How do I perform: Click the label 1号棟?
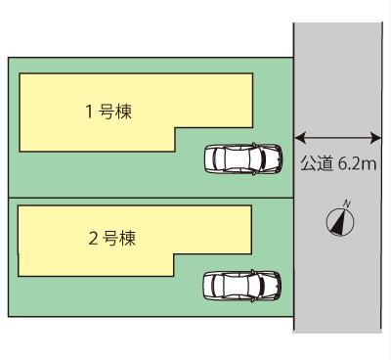(x=109, y=111)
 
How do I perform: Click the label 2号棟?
(x=109, y=238)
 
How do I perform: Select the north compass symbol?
(x=340, y=220)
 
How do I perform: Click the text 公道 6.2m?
(x=338, y=163)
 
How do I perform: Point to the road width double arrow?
(x=337, y=139)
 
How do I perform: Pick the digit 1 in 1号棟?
(x=89, y=111)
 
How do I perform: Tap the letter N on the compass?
(x=347, y=203)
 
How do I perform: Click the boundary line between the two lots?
(x=147, y=198)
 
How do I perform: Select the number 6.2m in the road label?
(x=357, y=163)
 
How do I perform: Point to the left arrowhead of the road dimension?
(x=298, y=139)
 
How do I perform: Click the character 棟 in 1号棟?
(x=125, y=111)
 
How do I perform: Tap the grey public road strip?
(x=337, y=284)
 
